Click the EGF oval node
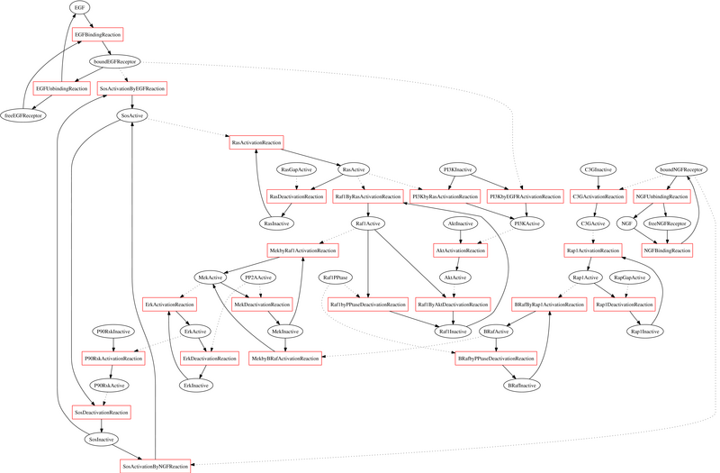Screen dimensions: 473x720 80,7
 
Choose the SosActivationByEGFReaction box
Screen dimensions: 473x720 132,88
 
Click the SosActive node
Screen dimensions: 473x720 132,115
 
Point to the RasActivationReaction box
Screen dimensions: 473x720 256,142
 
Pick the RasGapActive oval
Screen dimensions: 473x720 296,169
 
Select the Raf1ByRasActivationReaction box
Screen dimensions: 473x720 367,196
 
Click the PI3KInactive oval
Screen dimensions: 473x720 459,169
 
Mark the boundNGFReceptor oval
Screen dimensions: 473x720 681,169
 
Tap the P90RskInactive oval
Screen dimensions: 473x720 113,332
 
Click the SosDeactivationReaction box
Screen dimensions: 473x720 101,412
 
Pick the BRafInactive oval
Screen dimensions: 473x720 523,385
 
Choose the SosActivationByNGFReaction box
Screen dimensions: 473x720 156,466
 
